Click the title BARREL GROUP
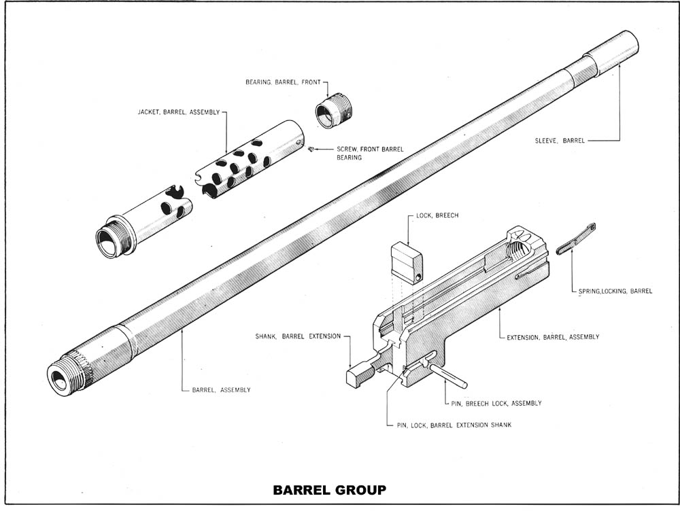tap(329, 489)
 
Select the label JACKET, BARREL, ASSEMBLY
tap(179, 112)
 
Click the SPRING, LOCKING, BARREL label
tap(615, 291)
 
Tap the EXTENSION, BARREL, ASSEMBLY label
tap(553, 336)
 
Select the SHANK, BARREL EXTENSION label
tap(298, 336)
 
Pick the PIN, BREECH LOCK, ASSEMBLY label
tap(496, 403)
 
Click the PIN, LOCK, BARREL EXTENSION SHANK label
tap(454, 425)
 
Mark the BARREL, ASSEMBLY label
tap(221, 390)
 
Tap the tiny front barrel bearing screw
tap(310, 149)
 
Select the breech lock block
tap(407, 263)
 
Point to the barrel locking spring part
tap(575, 240)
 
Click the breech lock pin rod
tap(447, 375)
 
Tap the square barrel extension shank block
tap(358, 376)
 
